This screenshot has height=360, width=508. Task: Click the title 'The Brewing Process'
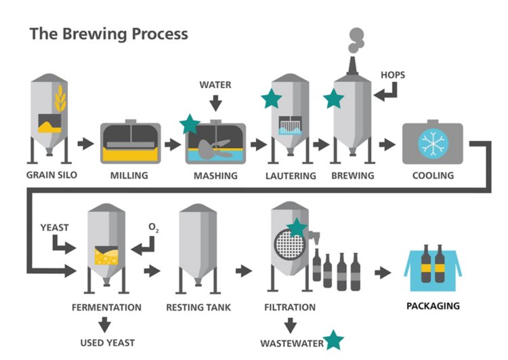(109, 33)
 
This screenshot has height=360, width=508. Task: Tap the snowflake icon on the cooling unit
(431, 143)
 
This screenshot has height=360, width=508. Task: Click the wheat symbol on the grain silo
(60, 100)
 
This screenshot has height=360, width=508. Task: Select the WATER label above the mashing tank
(215, 85)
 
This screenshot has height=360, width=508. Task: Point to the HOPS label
(393, 75)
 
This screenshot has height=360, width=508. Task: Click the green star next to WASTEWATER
(333, 340)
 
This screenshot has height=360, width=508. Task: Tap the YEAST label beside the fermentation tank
(54, 227)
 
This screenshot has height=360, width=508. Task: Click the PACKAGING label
(433, 306)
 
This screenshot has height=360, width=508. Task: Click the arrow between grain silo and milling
(85, 144)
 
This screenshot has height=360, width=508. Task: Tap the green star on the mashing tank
(190, 124)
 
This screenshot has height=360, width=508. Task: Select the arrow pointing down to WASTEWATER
(290, 324)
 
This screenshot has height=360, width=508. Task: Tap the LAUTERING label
(291, 176)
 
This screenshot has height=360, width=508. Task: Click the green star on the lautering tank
(272, 99)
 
